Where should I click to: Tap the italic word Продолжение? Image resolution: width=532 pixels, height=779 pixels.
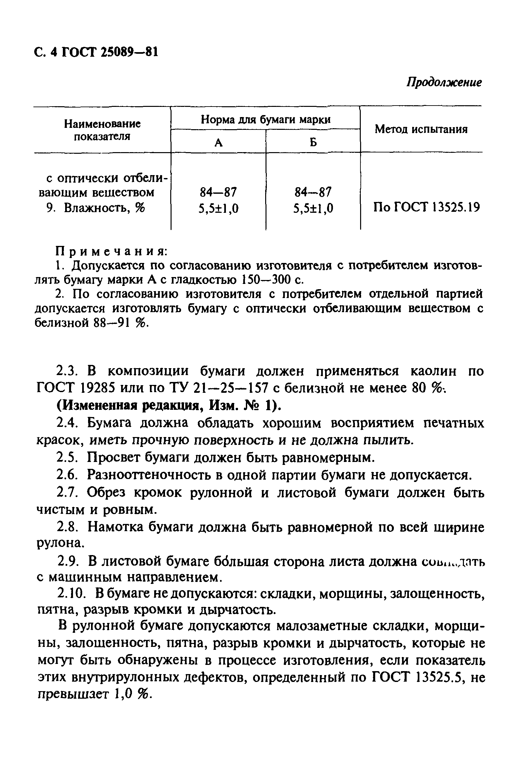pos(444,82)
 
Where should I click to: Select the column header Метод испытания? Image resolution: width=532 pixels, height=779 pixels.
pos(421,129)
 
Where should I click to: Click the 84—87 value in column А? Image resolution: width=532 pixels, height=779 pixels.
pos(218,192)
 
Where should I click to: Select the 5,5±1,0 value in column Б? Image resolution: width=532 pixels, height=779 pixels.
pos(313,209)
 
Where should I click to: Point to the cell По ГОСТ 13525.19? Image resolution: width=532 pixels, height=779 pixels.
pos(426,208)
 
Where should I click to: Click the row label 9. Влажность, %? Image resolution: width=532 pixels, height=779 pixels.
pos(96,209)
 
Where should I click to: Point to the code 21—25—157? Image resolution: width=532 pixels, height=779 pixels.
pos(231,389)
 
